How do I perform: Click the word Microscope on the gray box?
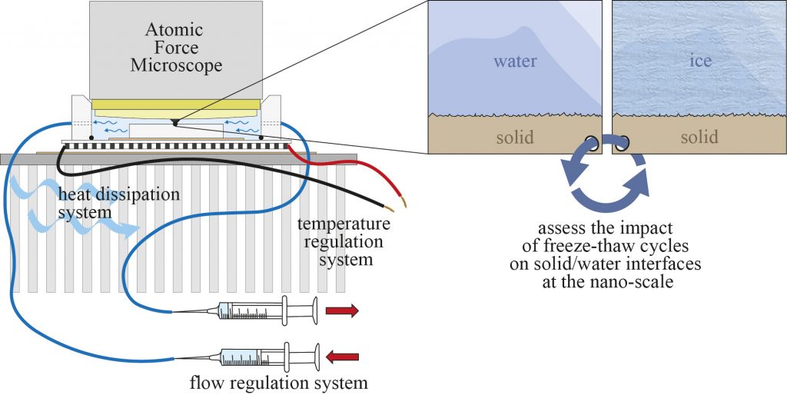pos(176,65)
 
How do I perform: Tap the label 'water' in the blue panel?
pos(515,61)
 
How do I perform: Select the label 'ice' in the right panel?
pos(700,61)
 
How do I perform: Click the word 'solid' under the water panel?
pos(515,137)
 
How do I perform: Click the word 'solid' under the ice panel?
pos(699,137)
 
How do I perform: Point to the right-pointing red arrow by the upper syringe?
pos(342,310)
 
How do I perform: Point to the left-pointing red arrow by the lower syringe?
pos(342,357)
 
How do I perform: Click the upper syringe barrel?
pos(251,311)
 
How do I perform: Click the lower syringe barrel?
pos(254,358)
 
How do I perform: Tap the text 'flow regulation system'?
pos(278,383)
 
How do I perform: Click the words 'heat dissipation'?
pos(118,194)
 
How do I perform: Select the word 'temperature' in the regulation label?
pos(344,223)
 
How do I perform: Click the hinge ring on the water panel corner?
pos(593,144)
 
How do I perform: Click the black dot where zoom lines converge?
pos(174,122)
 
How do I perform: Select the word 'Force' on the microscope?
pos(176,48)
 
